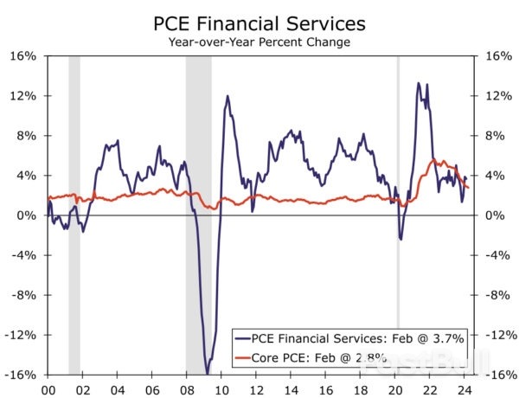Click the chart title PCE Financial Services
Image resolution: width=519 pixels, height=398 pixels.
[259, 22]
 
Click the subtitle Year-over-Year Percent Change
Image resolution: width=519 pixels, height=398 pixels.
[259, 41]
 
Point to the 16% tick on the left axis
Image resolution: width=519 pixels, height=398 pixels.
[23, 56]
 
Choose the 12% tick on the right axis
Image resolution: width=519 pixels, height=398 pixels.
[494, 96]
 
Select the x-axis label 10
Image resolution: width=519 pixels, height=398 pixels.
[222, 389]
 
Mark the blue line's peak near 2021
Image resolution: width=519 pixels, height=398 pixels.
[419, 84]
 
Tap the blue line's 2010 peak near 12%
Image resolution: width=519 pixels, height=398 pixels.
[227, 96]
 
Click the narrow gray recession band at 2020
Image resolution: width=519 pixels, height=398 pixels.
[398, 130]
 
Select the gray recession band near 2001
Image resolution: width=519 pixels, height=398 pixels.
[74, 130]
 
